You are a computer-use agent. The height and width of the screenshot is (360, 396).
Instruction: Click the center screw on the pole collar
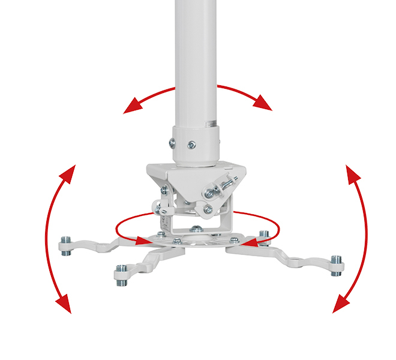coord(191,144)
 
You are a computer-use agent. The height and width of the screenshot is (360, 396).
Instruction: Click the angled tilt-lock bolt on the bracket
coord(217,188)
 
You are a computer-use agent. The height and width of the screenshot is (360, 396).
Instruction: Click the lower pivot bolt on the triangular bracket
coord(207,210)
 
